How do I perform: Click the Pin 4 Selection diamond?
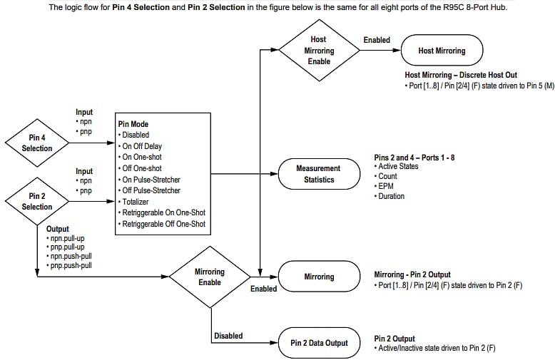click(x=37, y=143)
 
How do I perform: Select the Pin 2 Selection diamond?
click(x=37, y=201)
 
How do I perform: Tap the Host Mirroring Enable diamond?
click(x=320, y=51)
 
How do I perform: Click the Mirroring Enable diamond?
click(x=209, y=277)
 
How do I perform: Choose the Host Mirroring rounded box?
click(x=442, y=51)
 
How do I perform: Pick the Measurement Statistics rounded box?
click(x=318, y=174)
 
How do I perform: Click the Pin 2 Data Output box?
click(x=319, y=343)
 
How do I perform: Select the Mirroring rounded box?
click(x=318, y=277)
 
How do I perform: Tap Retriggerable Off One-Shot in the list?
click(x=163, y=224)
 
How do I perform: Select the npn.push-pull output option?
click(x=69, y=255)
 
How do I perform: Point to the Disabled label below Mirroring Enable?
click(x=228, y=336)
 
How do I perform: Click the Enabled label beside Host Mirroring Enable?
click(x=376, y=40)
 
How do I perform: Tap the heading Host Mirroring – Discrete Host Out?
click(x=460, y=76)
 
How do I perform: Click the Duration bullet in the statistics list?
click(x=392, y=196)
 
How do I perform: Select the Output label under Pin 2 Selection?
click(x=58, y=230)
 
